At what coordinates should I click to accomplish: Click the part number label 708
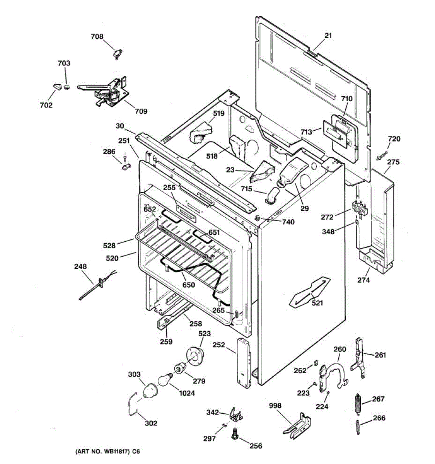point(97,36)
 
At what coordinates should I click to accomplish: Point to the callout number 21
point(328,36)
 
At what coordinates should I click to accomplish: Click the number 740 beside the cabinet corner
point(288,222)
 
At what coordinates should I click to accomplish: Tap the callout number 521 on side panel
point(317,303)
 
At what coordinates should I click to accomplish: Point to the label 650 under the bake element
point(188,285)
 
